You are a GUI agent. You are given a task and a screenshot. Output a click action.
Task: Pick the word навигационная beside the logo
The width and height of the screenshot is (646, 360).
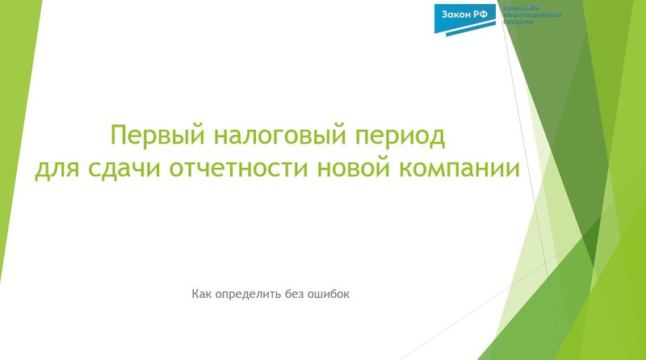(532, 16)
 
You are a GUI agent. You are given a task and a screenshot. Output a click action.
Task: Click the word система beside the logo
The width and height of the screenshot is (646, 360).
(518, 23)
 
